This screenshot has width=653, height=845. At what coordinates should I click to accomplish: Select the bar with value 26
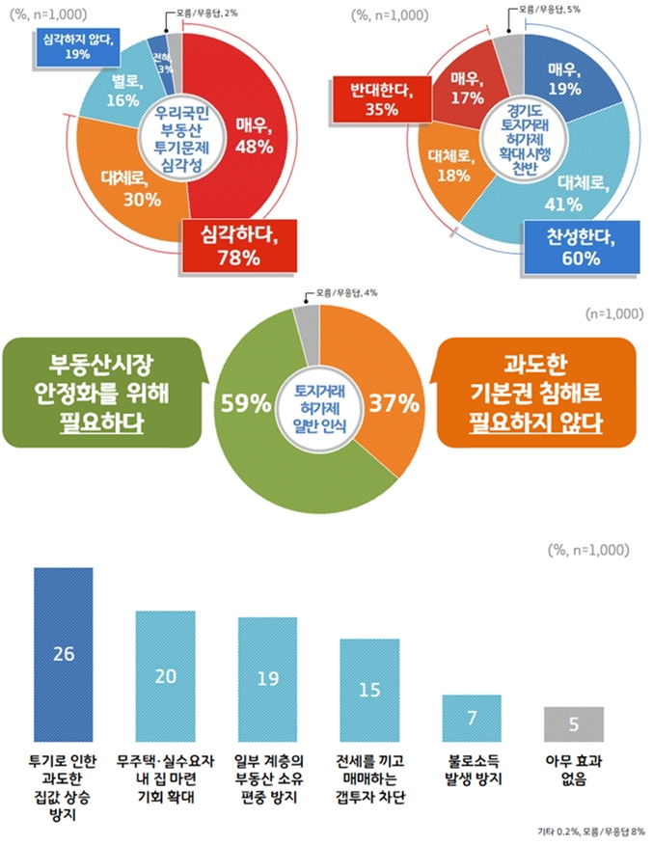(x=64, y=653)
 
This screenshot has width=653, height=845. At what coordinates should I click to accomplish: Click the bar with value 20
(x=166, y=674)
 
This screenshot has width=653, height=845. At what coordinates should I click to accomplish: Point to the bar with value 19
(x=268, y=678)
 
